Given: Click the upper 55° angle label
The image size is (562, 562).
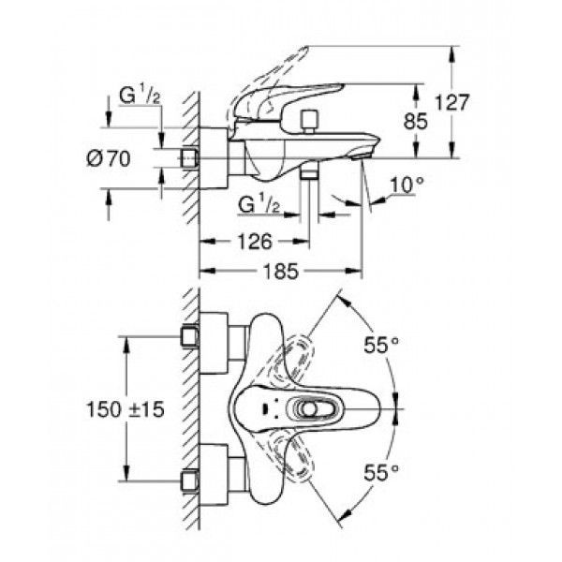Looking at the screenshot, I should (x=381, y=345).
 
